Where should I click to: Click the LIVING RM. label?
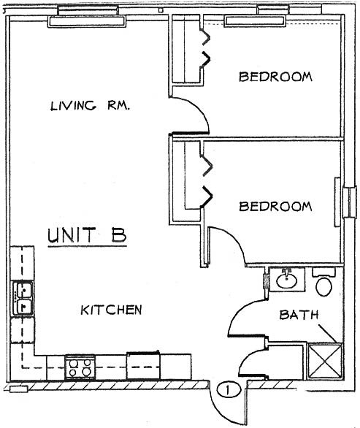[90, 105]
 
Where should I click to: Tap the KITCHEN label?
[111, 310]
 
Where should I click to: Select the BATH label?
[299, 315]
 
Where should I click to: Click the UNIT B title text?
[87, 235]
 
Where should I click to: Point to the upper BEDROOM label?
[275, 77]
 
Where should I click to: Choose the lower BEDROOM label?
[275, 206]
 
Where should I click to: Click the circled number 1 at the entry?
[229, 389]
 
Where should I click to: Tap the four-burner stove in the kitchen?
[80, 367]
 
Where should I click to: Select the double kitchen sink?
[23, 298]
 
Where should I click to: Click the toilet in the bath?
[323, 283]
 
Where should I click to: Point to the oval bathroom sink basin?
[286, 280]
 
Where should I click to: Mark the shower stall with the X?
[324, 361]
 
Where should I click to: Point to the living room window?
[87, 21]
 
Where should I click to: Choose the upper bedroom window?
[255, 20]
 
